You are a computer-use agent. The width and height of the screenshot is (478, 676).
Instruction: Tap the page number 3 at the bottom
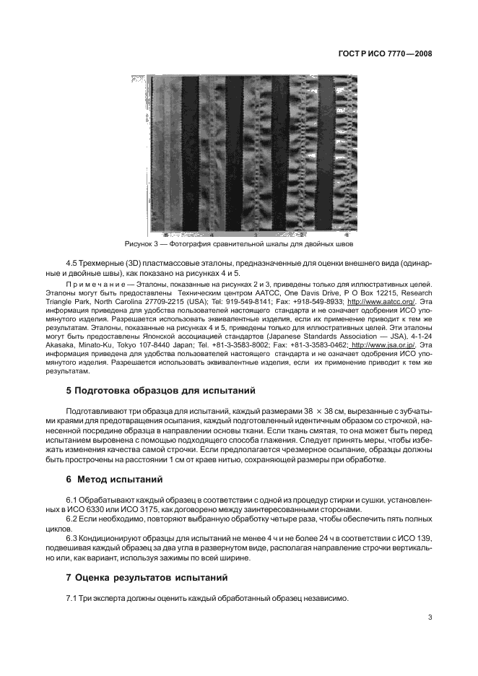tap(430, 617)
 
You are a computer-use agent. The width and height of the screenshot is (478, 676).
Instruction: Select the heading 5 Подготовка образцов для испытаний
tap(161, 391)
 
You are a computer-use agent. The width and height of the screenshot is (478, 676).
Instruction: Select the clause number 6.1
tap(73, 500)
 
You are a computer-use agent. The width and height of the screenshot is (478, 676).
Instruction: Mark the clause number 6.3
tap(73, 539)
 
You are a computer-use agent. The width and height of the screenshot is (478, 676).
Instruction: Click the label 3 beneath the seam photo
tap(256, 235)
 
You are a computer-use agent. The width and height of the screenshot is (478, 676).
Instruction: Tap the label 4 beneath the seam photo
tap(212, 235)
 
